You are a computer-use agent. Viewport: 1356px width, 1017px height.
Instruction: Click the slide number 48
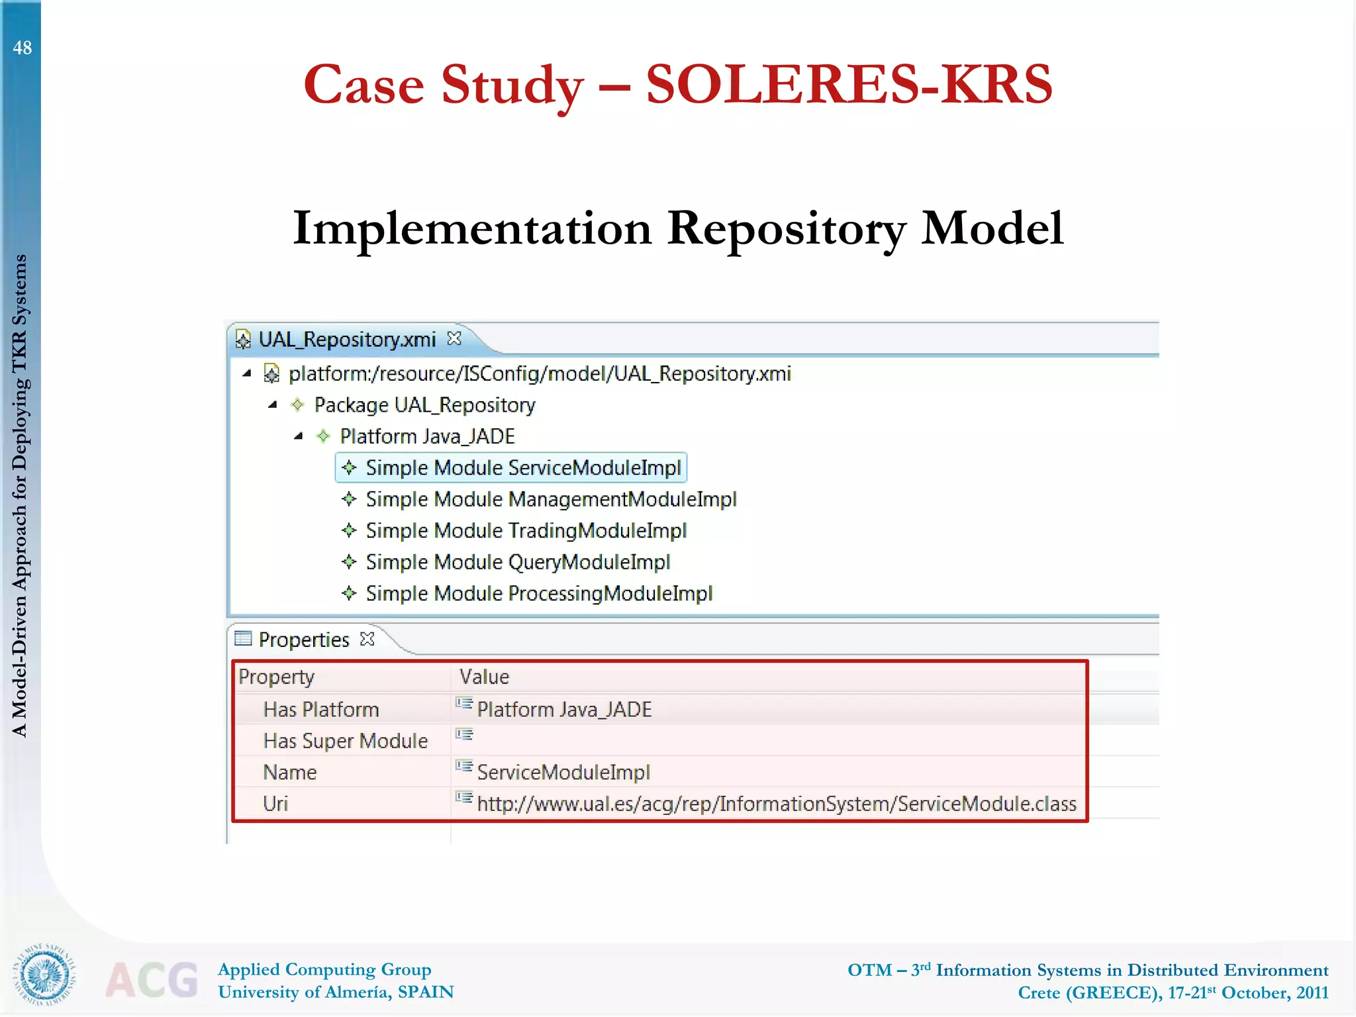pyautogui.click(x=22, y=48)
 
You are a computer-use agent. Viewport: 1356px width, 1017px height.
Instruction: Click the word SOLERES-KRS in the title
pyautogui.click(x=849, y=85)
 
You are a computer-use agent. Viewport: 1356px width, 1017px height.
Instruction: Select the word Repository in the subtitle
pyautogui.click(x=787, y=228)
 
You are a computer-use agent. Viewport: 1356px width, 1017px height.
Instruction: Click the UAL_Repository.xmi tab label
pyautogui.click(x=347, y=340)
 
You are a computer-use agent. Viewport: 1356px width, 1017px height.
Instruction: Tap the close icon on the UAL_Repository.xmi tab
pyautogui.click(x=454, y=338)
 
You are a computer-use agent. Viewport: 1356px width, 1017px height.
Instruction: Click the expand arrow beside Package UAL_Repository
pyautogui.click(x=272, y=405)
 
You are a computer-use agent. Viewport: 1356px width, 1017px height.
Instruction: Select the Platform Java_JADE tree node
pyautogui.click(x=427, y=436)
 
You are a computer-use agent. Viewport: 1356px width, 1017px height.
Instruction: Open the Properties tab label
pyautogui.click(x=303, y=640)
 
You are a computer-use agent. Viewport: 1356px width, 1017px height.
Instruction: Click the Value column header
pyautogui.click(x=484, y=677)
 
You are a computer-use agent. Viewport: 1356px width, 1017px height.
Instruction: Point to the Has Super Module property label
pyautogui.click(x=345, y=741)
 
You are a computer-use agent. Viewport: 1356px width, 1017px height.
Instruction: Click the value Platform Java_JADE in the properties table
pyautogui.click(x=564, y=710)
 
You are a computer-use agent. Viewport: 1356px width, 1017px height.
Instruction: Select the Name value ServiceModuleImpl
pyautogui.click(x=563, y=773)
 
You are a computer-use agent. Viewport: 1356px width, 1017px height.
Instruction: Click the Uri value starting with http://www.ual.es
pyautogui.click(x=776, y=804)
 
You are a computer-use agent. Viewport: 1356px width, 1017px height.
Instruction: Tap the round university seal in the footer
pyautogui.click(x=44, y=974)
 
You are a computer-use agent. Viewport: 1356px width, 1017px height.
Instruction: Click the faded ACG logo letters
pyautogui.click(x=152, y=980)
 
